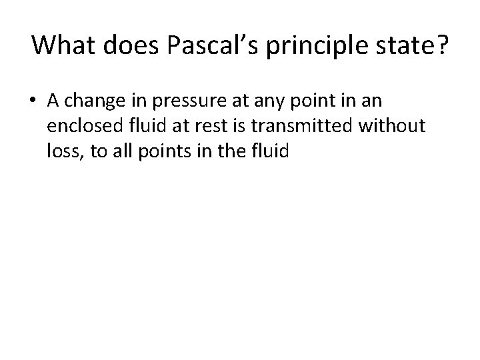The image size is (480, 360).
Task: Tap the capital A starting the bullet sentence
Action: tap(53, 101)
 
